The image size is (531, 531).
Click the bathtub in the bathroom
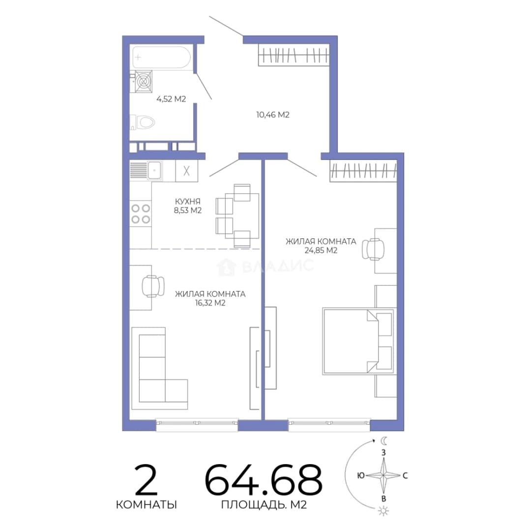(x=161, y=57)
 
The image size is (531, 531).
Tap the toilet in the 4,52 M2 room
(x=143, y=122)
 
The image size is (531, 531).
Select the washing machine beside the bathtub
(x=144, y=81)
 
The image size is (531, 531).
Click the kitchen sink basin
(x=155, y=170)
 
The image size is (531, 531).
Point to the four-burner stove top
(x=141, y=214)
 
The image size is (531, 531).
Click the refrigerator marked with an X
(x=187, y=171)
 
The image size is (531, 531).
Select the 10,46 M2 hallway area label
(x=273, y=115)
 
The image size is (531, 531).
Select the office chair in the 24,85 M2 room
(x=373, y=249)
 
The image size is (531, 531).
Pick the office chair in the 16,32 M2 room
(x=153, y=286)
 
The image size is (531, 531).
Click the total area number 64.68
(x=264, y=479)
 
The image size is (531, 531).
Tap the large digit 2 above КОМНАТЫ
(x=147, y=479)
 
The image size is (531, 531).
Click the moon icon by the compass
(x=383, y=441)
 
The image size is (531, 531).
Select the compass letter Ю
(x=361, y=475)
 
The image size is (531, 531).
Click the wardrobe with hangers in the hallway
(x=293, y=55)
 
